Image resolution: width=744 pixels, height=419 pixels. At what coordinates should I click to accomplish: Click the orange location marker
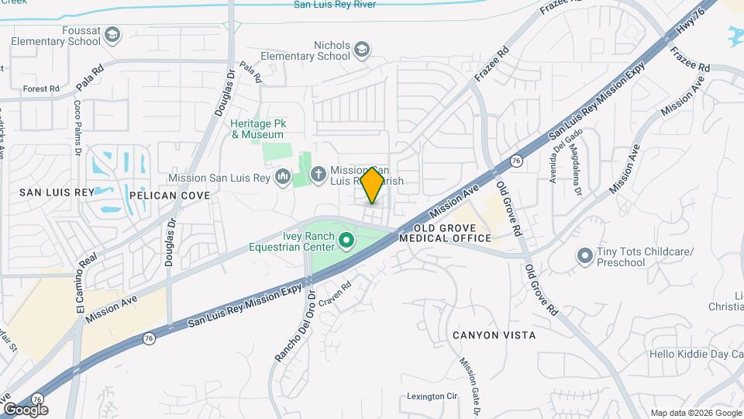coord(373,185)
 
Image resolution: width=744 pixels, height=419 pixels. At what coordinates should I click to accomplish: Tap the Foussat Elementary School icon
coord(113,35)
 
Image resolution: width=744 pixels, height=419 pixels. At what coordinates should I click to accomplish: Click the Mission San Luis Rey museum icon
coord(283,178)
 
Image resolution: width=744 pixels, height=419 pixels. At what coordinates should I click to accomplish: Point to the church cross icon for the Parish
coord(319,176)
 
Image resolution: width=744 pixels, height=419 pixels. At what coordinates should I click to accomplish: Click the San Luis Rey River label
coord(334,5)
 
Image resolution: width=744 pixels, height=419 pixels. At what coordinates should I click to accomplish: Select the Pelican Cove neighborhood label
coord(170,196)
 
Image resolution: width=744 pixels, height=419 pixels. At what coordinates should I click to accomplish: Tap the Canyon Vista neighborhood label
coord(494,335)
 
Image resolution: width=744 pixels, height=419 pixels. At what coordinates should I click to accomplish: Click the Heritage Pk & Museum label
coord(257,129)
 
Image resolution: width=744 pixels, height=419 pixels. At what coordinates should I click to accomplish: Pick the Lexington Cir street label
coord(432,396)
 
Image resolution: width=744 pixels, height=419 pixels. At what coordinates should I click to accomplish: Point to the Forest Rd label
coord(41,89)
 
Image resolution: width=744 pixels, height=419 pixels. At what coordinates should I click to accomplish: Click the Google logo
coord(25,409)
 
